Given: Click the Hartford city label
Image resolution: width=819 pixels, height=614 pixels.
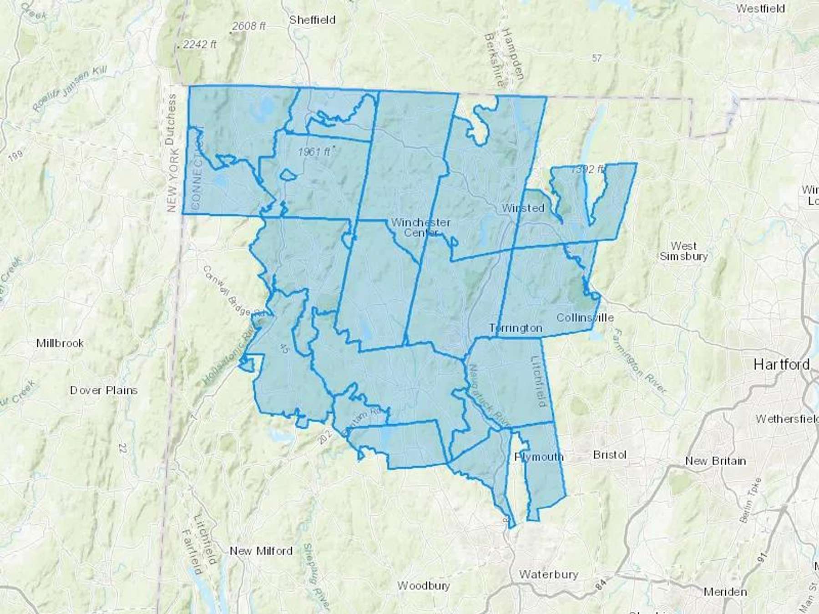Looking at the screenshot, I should click(x=781, y=364).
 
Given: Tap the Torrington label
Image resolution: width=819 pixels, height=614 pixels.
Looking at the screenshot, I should click(x=516, y=328).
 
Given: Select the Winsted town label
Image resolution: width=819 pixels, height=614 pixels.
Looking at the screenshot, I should click(x=523, y=208).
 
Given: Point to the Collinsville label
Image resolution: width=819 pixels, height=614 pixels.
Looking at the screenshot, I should click(x=585, y=317).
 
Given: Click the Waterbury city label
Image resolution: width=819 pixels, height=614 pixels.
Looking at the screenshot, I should click(x=548, y=574).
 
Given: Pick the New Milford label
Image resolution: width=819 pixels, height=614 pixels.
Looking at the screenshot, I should click(x=261, y=551).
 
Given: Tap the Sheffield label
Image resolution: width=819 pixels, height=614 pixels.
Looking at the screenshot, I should click(x=312, y=20).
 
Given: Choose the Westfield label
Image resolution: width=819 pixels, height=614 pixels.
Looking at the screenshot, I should click(x=760, y=9).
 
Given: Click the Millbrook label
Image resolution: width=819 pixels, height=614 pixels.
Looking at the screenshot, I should click(x=60, y=343).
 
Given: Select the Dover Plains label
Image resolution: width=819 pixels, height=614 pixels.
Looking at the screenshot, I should click(x=104, y=390).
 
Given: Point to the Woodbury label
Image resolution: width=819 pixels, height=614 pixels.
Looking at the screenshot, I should click(x=424, y=585).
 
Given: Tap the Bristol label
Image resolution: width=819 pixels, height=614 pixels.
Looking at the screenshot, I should click(x=610, y=455).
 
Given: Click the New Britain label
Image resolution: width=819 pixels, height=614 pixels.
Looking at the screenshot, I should click(x=715, y=461).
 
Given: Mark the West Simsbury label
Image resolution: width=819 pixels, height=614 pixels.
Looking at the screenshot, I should click(x=683, y=251).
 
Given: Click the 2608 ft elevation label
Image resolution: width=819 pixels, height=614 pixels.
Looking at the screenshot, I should click(x=248, y=26).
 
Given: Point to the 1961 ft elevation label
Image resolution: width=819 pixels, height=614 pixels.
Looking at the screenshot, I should click(x=314, y=151).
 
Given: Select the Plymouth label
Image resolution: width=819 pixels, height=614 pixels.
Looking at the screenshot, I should click(x=539, y=457).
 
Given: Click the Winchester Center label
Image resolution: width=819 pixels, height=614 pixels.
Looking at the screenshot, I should click(x=421, y=227).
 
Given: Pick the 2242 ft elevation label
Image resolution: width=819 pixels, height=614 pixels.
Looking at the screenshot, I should click(x=200, y=45).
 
